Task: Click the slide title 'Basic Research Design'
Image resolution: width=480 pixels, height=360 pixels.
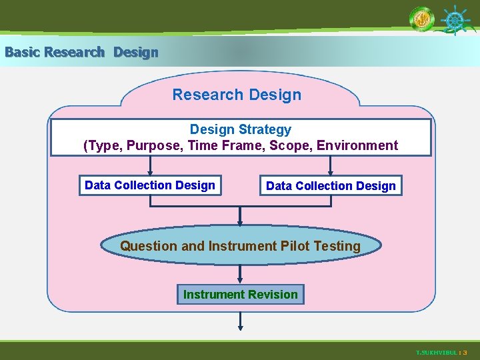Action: click(81, 52)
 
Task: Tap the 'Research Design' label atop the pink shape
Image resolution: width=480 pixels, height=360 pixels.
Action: click(237, 95)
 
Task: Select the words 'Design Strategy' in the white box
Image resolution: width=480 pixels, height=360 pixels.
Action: click(240, 129)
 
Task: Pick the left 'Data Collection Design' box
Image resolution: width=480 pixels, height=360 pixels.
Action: click(150, 185)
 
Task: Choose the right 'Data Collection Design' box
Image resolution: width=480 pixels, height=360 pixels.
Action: click(331, 186)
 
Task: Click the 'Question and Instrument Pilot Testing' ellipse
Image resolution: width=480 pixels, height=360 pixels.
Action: click(240, 246)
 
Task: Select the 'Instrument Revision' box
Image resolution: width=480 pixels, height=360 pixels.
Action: click(240, 295)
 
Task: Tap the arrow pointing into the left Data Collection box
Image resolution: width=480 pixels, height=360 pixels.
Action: click(150, 167)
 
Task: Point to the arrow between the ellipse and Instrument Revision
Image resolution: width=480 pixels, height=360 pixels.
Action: click(240, 273)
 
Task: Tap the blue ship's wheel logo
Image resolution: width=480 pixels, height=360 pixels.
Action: click(454, 21)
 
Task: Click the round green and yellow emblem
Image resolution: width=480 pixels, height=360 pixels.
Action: click(421, 21)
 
